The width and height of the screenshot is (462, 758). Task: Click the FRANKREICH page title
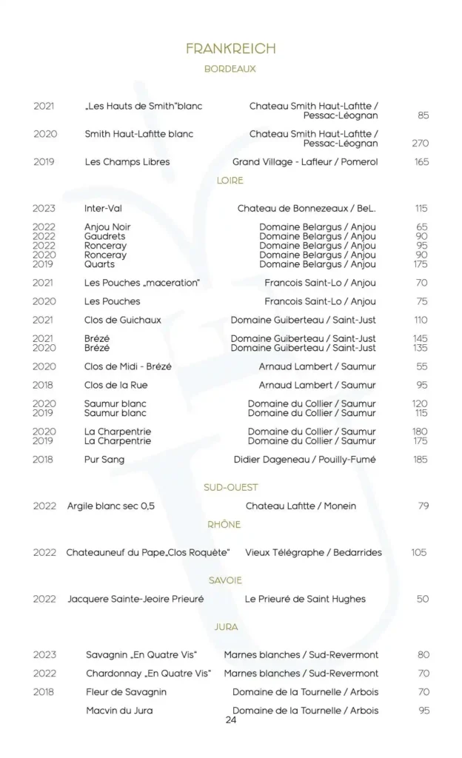230,49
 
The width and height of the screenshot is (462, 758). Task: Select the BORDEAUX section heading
230,69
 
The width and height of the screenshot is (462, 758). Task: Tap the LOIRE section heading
230,181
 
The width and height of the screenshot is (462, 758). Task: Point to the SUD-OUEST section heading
231,487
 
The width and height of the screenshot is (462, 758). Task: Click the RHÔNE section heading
224,525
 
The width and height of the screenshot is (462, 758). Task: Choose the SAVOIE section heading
225,580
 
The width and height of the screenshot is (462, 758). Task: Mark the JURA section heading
227,627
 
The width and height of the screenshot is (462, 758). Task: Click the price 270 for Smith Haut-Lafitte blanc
421,144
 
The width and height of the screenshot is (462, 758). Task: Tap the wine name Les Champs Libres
127,162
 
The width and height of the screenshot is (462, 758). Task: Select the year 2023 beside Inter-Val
44,209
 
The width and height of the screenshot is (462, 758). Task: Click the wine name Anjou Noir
107,227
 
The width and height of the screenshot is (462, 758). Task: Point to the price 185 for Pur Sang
421,460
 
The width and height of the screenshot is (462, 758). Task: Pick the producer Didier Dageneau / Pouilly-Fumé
305,460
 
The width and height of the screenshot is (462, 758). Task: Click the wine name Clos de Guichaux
123,321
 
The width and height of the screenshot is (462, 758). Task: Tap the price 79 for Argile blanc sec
423,506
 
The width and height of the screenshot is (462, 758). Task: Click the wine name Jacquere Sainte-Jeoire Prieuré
135,599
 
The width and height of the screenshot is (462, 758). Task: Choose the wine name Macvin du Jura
119,711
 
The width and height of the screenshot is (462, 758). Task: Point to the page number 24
230,720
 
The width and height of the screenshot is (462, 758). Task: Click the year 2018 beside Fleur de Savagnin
44,692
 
